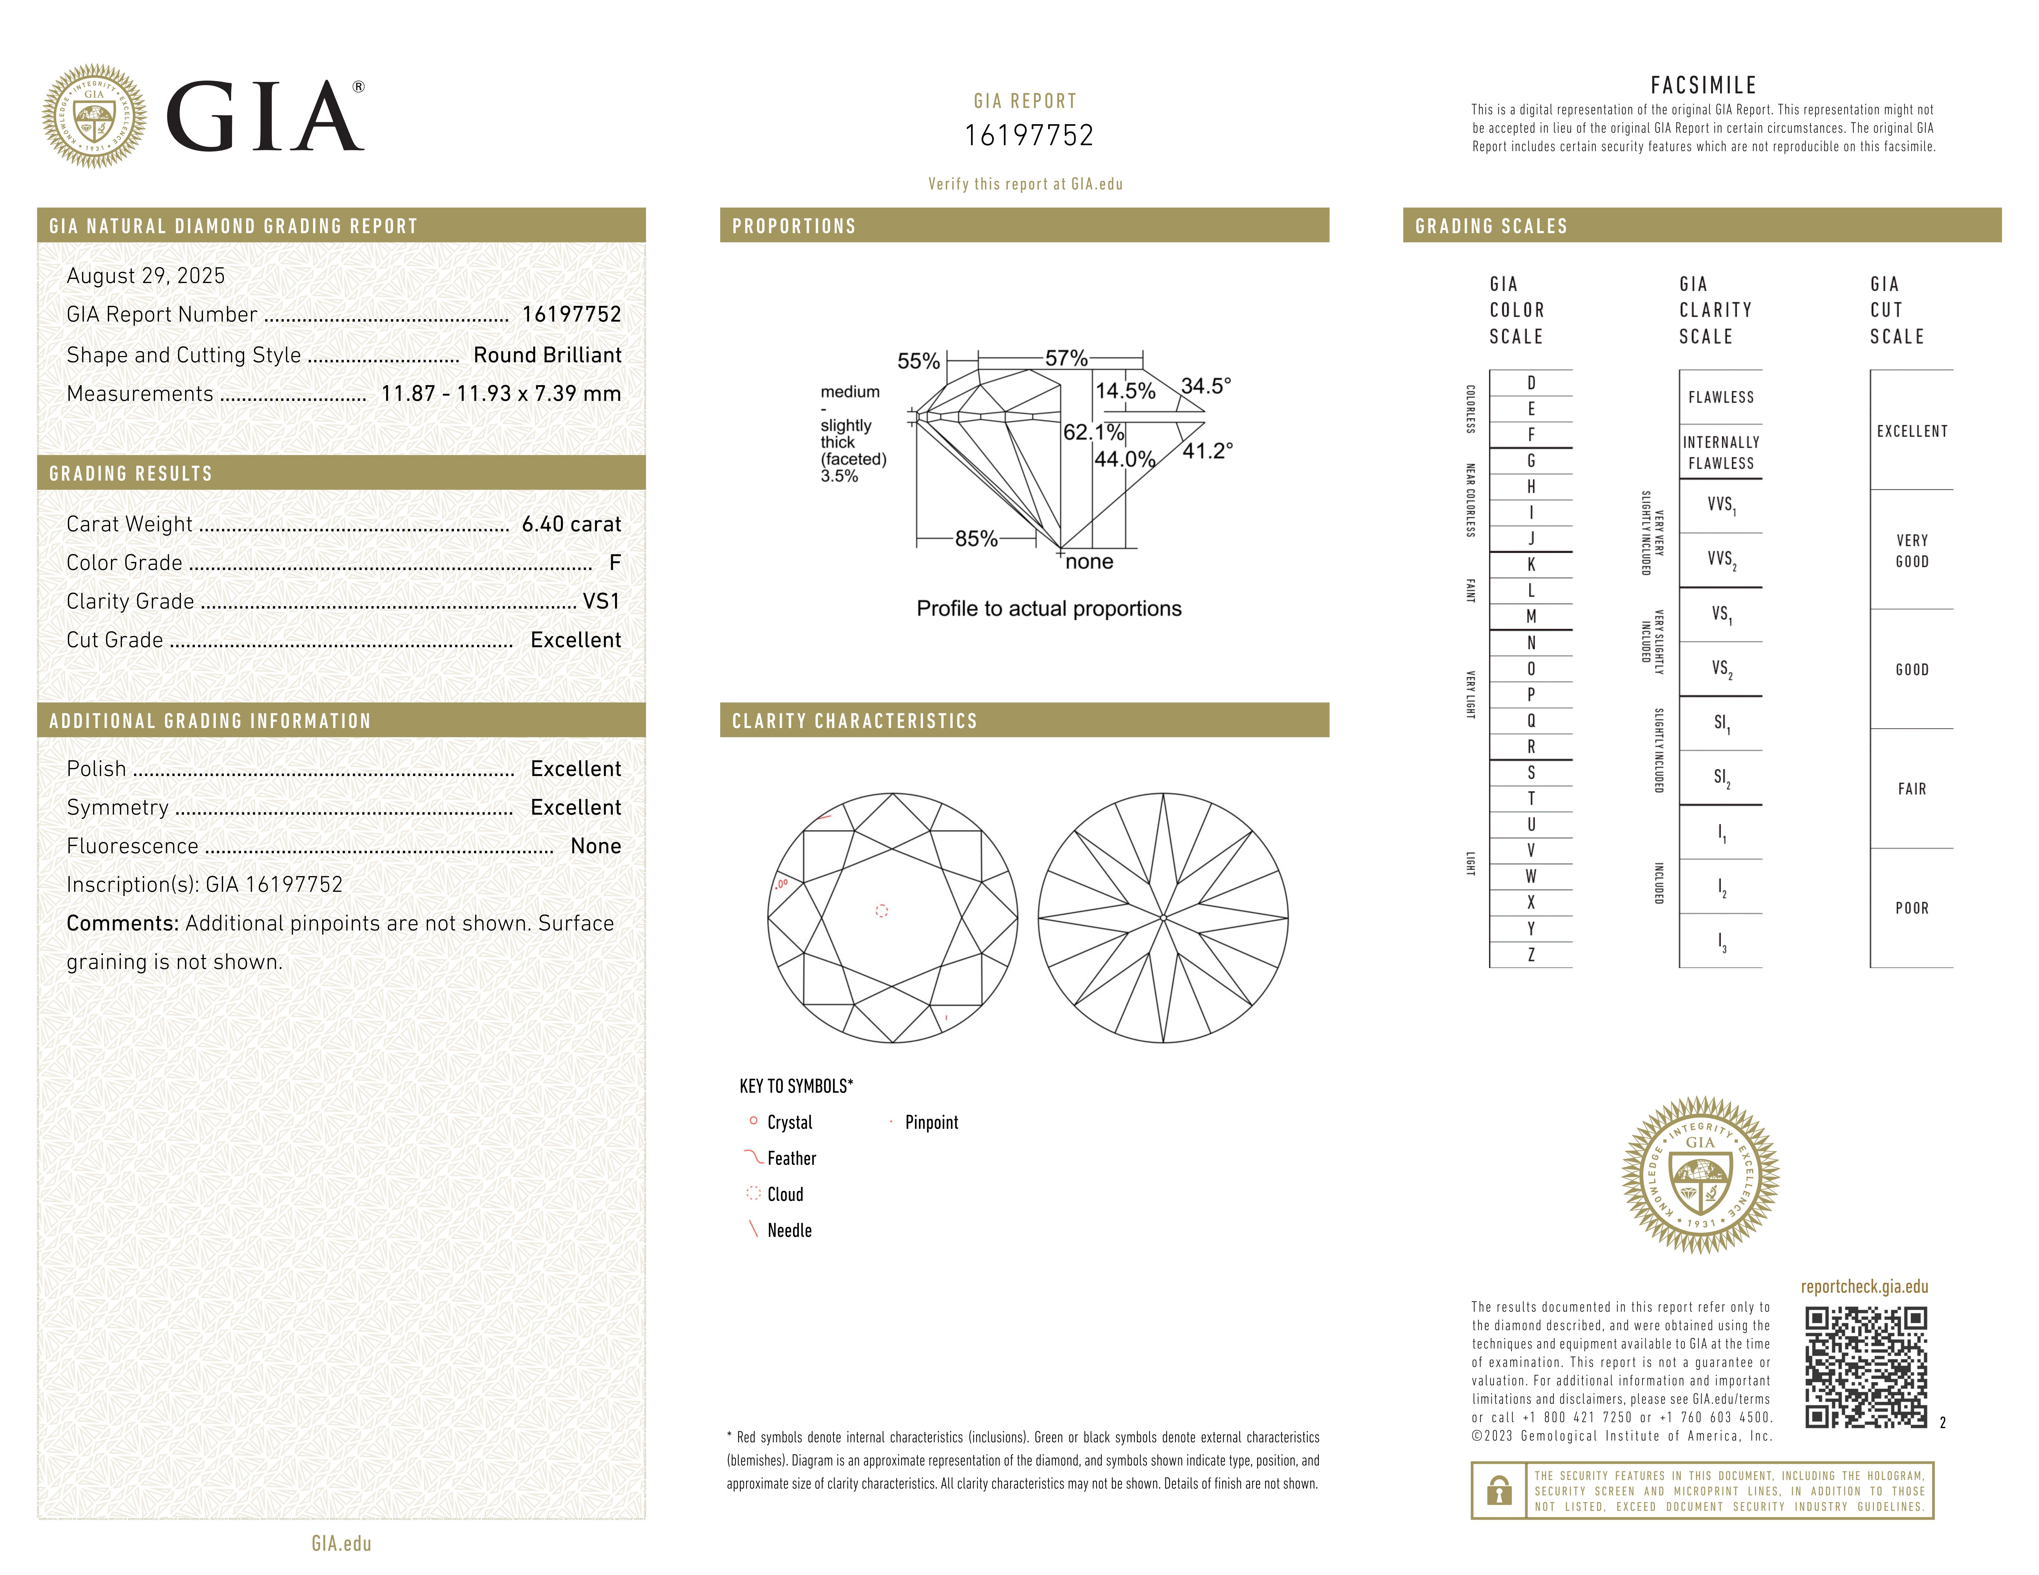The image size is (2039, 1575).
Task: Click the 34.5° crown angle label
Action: (x=1205, y=386)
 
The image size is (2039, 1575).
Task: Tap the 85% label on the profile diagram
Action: (x=976, y=539)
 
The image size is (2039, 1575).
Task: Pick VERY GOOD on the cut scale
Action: (x=1911, y=551)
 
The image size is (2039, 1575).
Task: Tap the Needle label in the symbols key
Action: (x=789, y=1231)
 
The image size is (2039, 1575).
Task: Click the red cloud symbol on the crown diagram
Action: (x=881, y=910)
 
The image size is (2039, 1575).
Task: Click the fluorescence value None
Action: (x=596, y=846)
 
